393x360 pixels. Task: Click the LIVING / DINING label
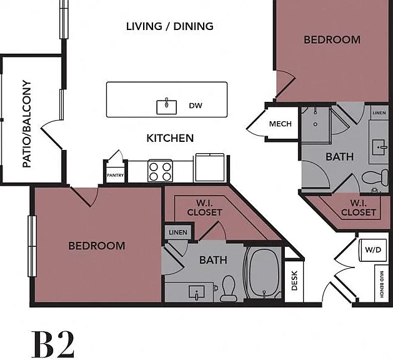[x=170, y=26]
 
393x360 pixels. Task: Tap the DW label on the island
[x=196, y=106]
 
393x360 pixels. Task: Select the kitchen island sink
[x=166, y=106]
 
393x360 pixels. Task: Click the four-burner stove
[x=160, y=171]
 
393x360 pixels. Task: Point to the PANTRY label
[x=116, y=175]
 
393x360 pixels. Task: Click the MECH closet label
[x=280, y=124]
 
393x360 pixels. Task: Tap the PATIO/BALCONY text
[x=27, y=124]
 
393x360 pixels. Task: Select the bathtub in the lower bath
[x=263, y=272]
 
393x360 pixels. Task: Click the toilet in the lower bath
[x=229, y=288]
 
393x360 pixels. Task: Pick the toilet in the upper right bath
[x=376, y=177]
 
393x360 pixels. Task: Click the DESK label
[x=294, y=281]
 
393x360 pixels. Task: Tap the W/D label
[x=373, y=250]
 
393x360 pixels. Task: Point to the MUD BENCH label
[x=382, y=284]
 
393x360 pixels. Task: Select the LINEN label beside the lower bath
[x=178, y=232]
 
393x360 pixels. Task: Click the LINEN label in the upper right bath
[x=379, y=113]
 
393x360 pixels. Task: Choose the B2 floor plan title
[x=53, y=344]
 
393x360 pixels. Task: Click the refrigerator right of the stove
[x=210, y=167]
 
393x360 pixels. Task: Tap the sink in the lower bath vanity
[x=197, y=292]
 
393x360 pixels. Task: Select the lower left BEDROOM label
[x=97, y=246]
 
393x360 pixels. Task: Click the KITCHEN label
[x=170, y=138]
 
